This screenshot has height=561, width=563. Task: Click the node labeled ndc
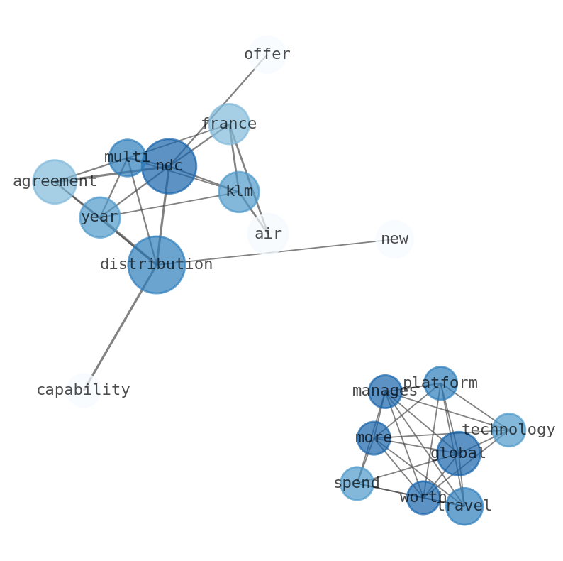coord(169,166)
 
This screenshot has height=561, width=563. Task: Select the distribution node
coord(157,265)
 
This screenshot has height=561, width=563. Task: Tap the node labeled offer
coord(267,55)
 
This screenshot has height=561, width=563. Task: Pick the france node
coord(229,124)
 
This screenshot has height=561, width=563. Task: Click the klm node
coord(239,192)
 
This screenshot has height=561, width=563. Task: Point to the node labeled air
coord(268,234)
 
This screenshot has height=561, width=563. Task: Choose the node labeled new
coord(394,239)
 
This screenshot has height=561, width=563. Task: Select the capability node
coord(84,390)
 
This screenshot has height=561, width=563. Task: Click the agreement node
coord(55,182)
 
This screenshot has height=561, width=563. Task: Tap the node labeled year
coord(100,217)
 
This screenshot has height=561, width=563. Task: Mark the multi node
coord(128,158)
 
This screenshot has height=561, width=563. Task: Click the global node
coord(459,454)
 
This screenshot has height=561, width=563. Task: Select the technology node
coord(508,430)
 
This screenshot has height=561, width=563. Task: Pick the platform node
coord(440,383)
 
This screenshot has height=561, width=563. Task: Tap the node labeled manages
coord(385,391)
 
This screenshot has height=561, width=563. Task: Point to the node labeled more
coord(374,438)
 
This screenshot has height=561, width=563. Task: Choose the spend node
coord(357,484)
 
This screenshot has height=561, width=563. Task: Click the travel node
coord(464,506)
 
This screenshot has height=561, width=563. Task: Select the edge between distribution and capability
coord(121,327)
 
